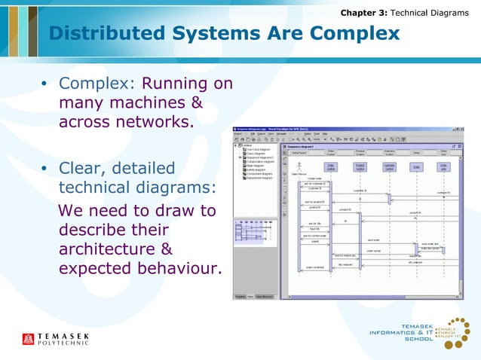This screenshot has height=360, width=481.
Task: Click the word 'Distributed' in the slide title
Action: (106, 34)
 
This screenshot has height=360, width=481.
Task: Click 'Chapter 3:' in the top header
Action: (363, 13)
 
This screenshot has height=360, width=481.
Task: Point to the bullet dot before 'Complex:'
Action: (45, 84)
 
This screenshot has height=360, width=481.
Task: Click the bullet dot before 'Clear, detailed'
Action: (45, 169)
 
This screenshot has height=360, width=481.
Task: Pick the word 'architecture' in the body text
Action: (110, 249)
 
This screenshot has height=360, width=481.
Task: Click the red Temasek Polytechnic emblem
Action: (29, 339)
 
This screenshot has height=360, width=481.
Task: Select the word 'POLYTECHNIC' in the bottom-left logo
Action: (64, 343)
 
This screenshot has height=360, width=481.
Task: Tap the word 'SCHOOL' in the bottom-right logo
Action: (419, 339)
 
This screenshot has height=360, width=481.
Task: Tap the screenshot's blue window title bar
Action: (347, 130)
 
